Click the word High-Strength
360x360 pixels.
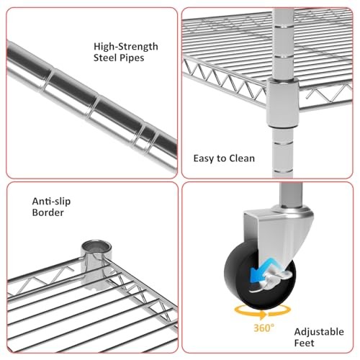point(126,47)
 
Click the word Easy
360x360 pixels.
point(204,158)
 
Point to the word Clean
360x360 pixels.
point(242,158)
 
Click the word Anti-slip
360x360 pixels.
point(51,202)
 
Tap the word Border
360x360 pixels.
point(48,212)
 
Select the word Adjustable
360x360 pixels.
point(319,332)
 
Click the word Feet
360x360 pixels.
point(304,343)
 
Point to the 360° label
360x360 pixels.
point(264,328)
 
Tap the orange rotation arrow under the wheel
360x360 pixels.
point(263,312)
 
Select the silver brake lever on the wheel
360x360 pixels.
point(276,279)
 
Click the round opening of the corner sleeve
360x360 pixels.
point(96,247)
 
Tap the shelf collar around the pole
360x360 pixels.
point(282,103)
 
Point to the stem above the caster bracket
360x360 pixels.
point(291,194)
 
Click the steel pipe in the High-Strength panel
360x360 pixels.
point(91,106)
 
